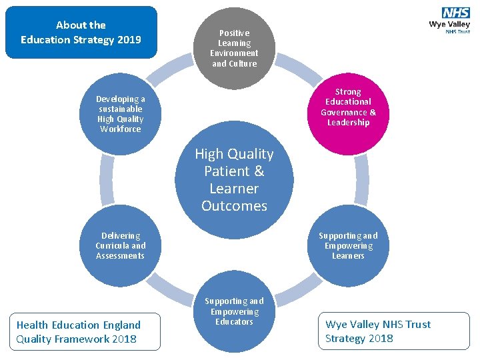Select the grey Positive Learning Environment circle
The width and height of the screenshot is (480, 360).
click(234, 49)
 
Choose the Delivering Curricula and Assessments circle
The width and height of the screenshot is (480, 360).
click(120, 246)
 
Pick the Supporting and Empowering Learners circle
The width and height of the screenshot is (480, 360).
click(347, 246)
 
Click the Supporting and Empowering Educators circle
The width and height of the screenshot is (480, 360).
click(234, 312)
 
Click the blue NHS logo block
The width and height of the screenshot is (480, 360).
click(455, 13)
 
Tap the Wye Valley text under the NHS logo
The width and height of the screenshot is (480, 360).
click(449, 25)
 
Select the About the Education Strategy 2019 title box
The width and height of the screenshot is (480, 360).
click(81, 33)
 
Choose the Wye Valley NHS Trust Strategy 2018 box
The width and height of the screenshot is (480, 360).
click(393, 331)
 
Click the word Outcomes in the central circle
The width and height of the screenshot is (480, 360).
click(234, 206)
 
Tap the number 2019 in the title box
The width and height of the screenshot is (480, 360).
click(129, 39)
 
